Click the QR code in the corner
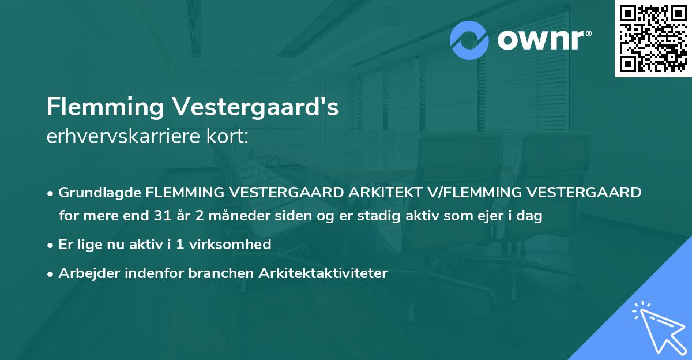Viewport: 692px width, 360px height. click(653, 38)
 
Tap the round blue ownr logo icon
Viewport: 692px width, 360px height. click(469, 40)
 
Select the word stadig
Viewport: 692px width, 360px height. click(377, 216)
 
